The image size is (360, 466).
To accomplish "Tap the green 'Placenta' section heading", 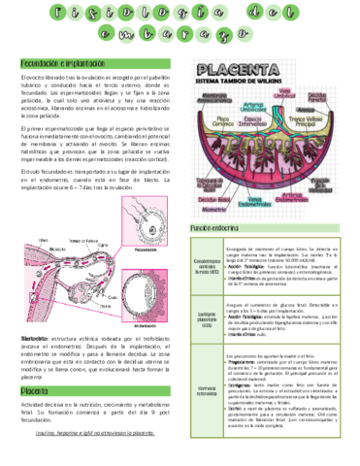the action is (x=38, y=391).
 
